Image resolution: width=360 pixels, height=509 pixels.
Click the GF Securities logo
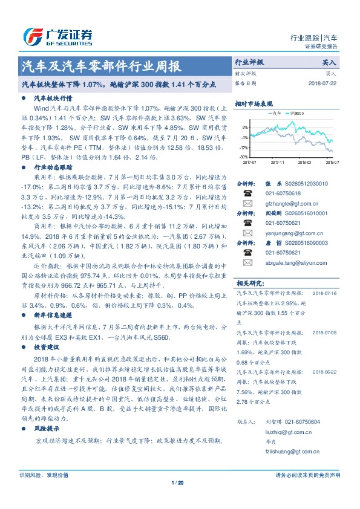(x=57, y=36)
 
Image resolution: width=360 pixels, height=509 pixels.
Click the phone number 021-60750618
(x=283, y=193)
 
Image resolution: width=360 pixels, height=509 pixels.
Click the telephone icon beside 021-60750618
(x=247, y=193)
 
